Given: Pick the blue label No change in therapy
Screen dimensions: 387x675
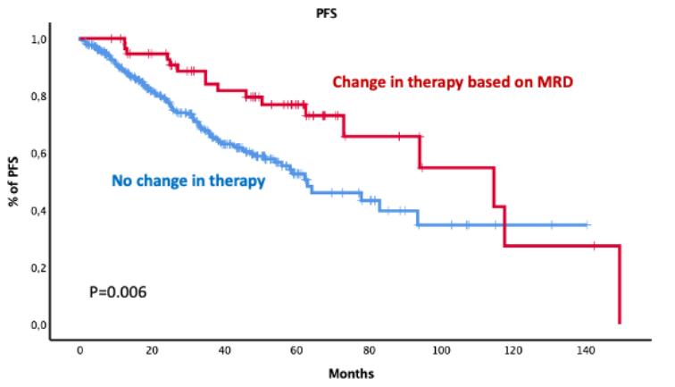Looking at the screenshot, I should click(188, 182).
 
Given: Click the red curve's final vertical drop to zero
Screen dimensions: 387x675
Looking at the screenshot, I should click(619, 286).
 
